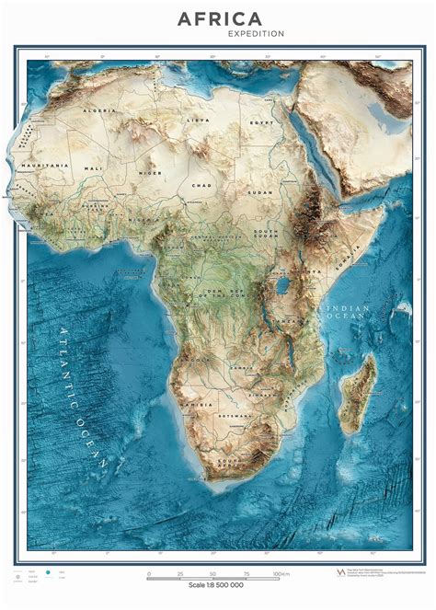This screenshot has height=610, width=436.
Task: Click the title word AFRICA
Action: tap(219, 18)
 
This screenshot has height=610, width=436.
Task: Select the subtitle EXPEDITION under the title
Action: tap(256, 34)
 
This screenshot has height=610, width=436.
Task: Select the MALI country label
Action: tap(94, 169)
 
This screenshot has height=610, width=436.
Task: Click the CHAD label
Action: tap(201, 185)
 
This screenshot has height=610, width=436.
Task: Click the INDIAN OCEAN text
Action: tap(345, 312)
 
